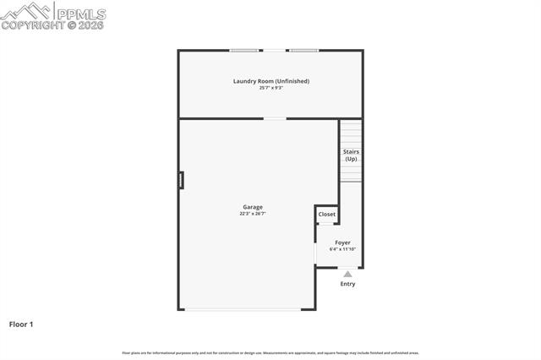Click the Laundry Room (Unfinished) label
270,81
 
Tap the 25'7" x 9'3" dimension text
270,88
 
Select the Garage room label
253,207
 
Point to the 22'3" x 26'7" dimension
253,214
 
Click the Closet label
326,215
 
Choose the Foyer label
342,243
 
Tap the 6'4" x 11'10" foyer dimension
342,249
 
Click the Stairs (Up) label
351,155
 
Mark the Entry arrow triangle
347,274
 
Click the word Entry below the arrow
347,284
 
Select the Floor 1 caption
21,324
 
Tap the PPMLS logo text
80,12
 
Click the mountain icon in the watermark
25,10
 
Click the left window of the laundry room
245,51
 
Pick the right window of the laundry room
303,51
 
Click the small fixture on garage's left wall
180,180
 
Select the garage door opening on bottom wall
243,309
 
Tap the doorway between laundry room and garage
275,118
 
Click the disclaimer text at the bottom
270,352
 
